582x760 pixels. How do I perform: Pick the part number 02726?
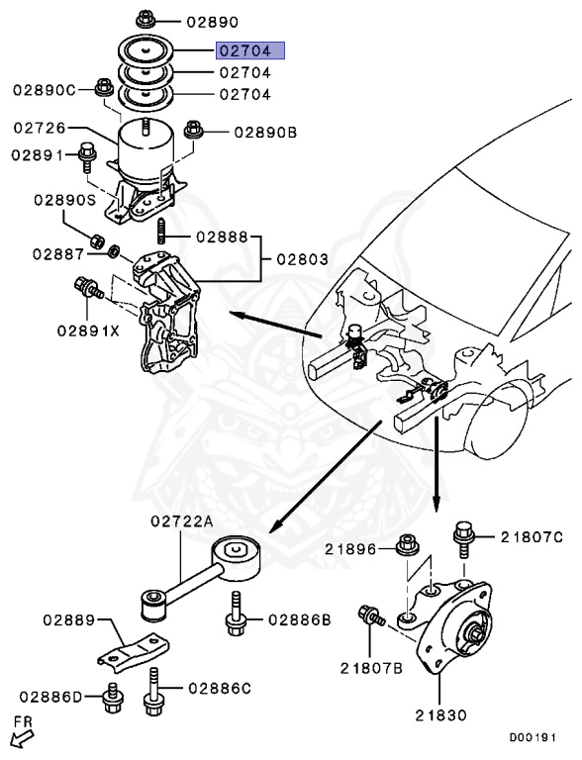pos(39,128)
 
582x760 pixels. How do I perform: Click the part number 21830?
pos(441,714)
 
